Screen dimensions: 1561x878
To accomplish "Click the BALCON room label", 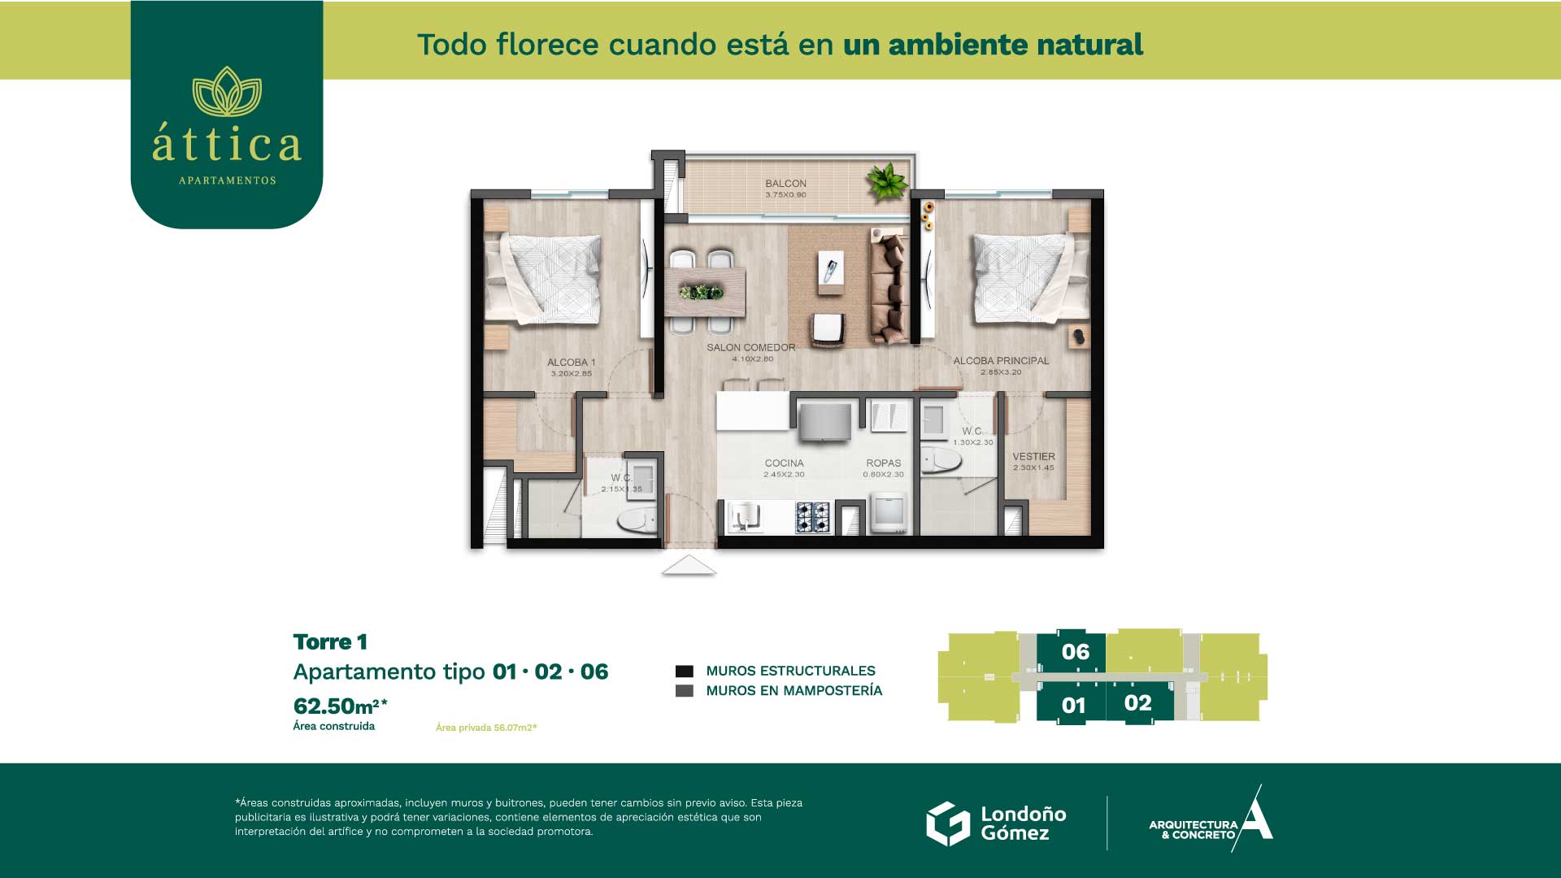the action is pos(785,184).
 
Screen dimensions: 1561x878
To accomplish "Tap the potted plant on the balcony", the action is pos(886,181).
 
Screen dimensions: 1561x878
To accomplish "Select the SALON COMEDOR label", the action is pos(750,347).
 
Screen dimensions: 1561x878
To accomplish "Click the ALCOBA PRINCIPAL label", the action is pos(1001,360).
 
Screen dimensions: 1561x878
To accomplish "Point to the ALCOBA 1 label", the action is pos(571,363).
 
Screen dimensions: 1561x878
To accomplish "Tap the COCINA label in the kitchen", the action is pos(784,463).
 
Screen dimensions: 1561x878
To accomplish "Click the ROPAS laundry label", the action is pos(883,463).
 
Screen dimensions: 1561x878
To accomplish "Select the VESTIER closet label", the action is pos(1033,457).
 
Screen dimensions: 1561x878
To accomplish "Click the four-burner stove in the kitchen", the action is pos(812,517).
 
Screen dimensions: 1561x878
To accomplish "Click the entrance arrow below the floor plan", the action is pos(689,565).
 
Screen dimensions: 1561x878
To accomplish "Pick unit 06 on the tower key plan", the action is pos(1075,652).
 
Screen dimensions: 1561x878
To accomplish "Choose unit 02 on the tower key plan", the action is pos(1138,703).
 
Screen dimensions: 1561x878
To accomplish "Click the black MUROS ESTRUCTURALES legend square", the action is pos(685,672).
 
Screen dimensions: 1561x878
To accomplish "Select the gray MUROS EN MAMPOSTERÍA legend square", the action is pos(685,691).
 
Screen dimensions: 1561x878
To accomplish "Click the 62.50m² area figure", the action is pos(340,705).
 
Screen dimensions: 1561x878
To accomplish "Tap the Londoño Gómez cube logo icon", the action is pos(948,824).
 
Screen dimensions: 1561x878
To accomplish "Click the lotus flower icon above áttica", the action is pos(227,91).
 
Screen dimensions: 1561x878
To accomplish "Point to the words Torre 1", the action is pos(330,642).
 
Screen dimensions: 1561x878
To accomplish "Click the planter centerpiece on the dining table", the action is pos(701,292).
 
